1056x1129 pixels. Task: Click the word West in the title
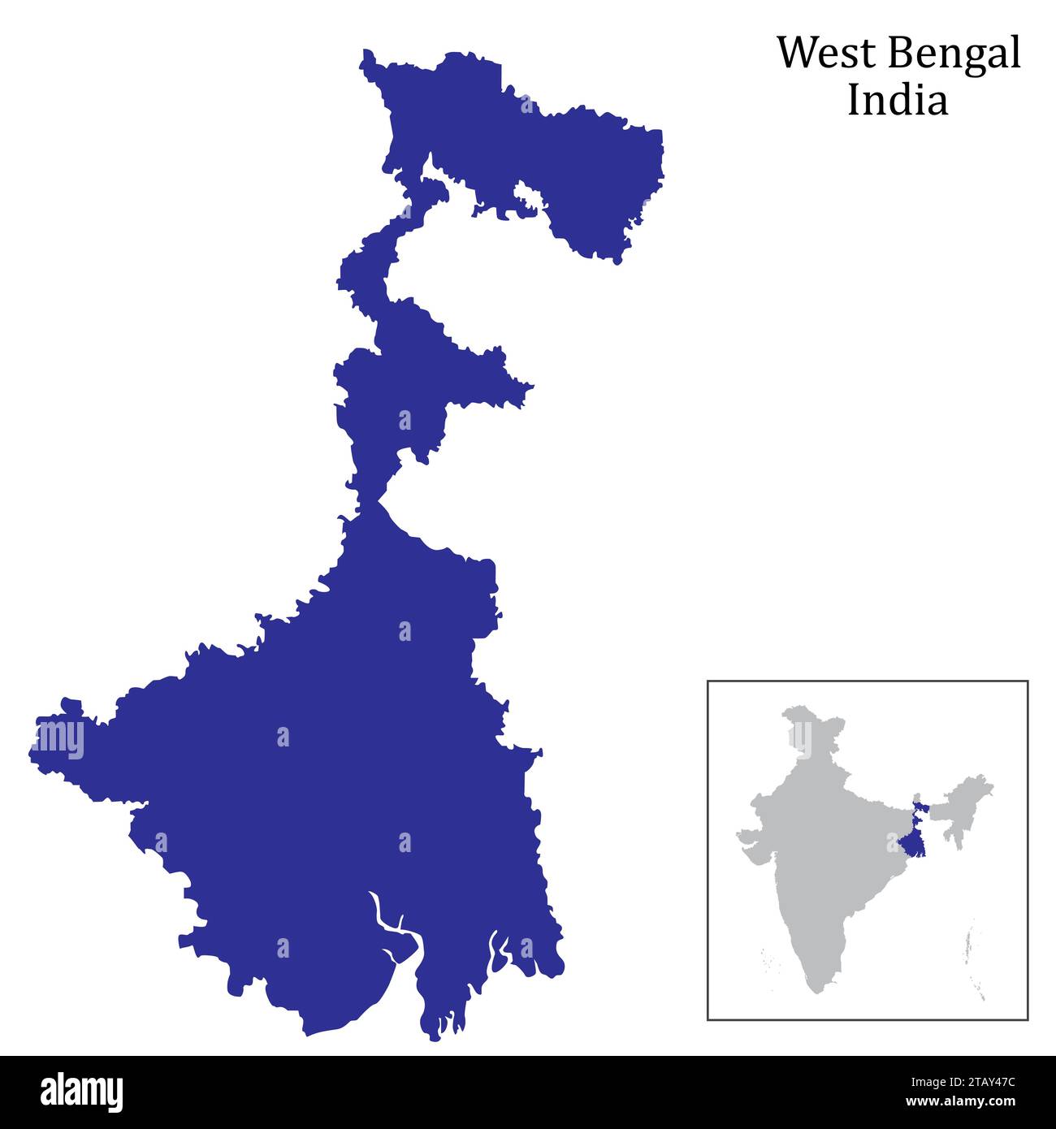[826, 54]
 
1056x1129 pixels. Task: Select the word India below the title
[897, 101]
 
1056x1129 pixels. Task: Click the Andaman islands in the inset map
[976, 958]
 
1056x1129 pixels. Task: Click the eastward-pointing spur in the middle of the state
[524, 389]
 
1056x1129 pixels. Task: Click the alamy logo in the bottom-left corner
[81, 1092]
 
